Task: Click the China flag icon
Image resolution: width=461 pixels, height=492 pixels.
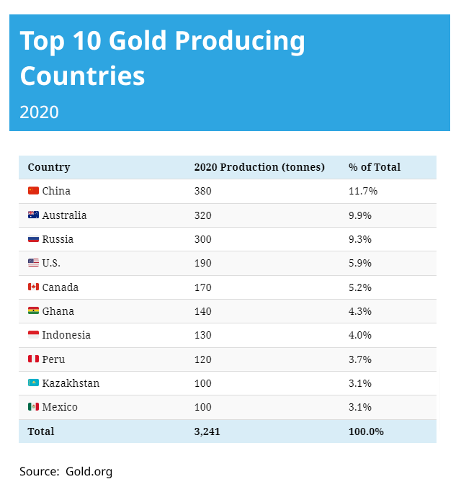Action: pos(33,191)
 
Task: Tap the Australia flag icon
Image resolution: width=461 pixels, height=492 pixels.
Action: pos(33,215)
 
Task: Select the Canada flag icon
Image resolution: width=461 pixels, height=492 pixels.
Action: pos(33,287)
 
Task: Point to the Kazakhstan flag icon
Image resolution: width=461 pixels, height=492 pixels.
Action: pos(33,383)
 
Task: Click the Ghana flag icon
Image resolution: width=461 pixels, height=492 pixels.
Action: pos(33,310)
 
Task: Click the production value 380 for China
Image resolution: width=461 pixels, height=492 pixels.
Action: pos(203,191)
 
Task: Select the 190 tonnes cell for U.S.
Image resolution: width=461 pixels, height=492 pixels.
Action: pos(203,263)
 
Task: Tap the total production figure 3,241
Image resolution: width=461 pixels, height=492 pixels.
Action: pos(207,431)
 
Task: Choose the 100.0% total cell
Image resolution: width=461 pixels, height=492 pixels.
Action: pos(366,431)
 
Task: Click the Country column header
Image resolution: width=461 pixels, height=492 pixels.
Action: pos(49,167)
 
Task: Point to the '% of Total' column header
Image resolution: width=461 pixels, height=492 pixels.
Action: pos(375,167)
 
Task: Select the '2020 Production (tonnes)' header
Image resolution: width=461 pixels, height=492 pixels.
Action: pos(259,167)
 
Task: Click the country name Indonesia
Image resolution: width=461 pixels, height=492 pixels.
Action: pos(66,335)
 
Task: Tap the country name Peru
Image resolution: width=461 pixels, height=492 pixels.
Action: pos(53,359)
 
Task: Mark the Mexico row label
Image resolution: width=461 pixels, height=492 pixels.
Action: pos(60,407)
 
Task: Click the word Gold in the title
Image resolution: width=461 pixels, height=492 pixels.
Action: pos(141,41)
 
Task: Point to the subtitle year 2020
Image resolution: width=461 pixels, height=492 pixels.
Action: pos(39,112)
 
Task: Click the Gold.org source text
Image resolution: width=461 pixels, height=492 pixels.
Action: pos(89,472)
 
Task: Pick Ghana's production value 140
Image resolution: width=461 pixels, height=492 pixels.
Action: pos(203,311)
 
